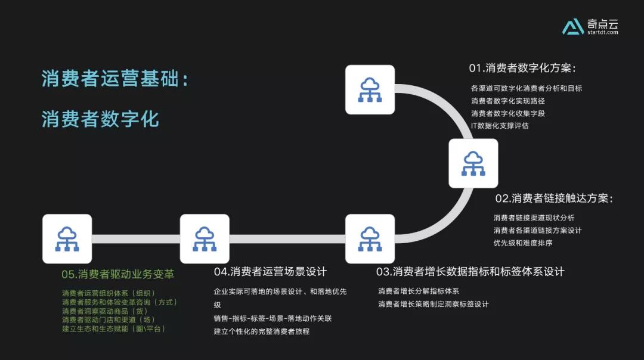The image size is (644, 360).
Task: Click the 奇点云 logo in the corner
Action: tap(590, 26)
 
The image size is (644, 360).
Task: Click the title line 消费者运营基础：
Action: tap(115, 79)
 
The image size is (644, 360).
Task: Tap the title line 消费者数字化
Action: tap(100, 119)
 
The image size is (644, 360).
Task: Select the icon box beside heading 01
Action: tap(370, 89)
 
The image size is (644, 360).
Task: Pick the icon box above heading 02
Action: tap(473, 163)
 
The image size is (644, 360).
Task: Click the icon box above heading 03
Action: tap(370, 238)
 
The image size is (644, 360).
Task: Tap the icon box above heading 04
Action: tap(205, 238)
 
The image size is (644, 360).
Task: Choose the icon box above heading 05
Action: tap(67, 238)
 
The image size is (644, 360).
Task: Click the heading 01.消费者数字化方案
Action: tap(522, 68)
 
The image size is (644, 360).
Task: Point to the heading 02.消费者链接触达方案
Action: tap(554, 198)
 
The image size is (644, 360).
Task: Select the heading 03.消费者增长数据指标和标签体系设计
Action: tap(470, 272)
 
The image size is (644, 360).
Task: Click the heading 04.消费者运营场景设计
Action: tap(270, 272)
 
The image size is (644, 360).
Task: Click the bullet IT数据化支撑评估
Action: tap(500, 126)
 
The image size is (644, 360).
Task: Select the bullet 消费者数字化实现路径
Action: tap(508, 101)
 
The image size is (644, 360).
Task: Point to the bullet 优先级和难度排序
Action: tap(523, 243)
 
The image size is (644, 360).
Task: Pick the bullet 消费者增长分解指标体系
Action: tap(419, 291)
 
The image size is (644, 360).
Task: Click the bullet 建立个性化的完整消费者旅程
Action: tap(262, 331)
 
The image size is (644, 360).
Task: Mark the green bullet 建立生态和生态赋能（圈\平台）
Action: tap(114, 329)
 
